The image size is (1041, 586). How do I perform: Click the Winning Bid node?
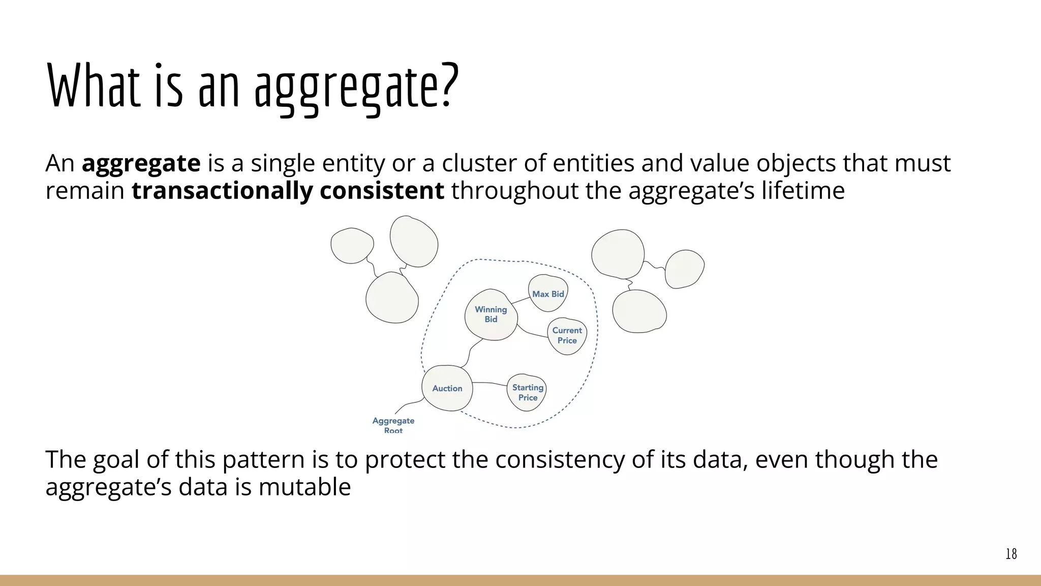coord(491,314)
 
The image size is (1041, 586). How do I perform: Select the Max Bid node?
coord(547,294)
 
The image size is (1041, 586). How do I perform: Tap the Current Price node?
coord(567,335)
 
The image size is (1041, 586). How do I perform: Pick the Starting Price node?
coord(527,392)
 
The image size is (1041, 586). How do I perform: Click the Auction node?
coord(447,388)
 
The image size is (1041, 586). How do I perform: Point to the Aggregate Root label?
coord(393,424)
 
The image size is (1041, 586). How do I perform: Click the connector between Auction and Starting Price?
coord(489,383)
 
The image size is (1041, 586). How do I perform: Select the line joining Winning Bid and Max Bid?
coord(520,300)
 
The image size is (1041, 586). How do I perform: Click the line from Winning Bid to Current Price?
coord(532,334)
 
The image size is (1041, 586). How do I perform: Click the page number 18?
coord(1011,554)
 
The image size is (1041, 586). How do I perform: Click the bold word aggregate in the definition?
coord(141,164)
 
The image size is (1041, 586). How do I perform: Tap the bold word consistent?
coord(382,191)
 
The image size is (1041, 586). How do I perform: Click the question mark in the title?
coord(447,86)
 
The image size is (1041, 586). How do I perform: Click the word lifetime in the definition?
coord(803,191)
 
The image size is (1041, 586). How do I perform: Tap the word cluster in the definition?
coord(479,164)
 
